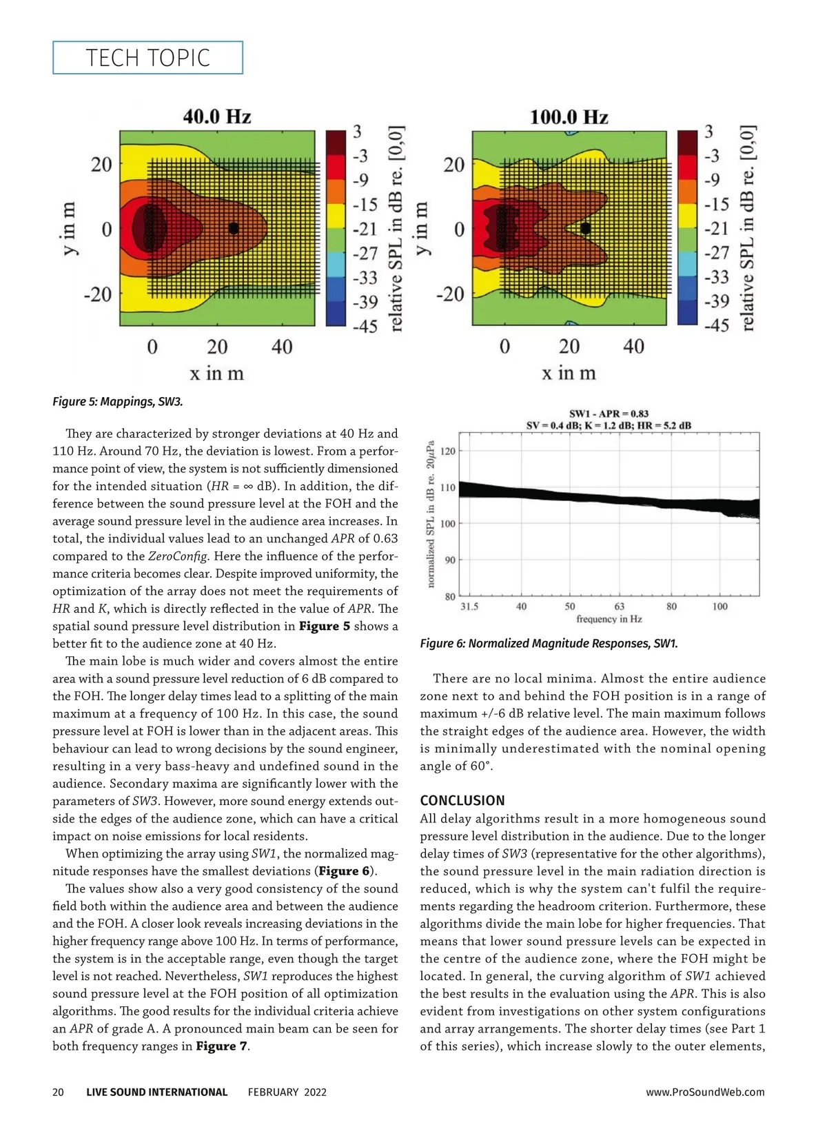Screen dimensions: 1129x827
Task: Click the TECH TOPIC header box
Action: pos(147,58)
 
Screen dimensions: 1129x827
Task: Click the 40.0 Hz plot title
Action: pos(216,116)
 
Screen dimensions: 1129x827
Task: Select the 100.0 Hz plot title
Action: pos(569,116)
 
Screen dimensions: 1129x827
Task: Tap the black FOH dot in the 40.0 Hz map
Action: pos(234,228)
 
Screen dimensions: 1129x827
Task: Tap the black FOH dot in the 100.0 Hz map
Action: pos(585,228)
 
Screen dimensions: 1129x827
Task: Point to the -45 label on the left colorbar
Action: pos(365,325)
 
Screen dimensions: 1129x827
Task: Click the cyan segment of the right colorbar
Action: pos(687,264)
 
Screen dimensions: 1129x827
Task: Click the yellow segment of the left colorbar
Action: pos(336,216)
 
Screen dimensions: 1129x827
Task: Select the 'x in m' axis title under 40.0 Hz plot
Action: pos(216,374)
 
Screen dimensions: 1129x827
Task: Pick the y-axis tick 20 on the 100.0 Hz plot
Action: pos(453,165)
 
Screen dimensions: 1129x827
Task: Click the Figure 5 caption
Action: pos(118,401)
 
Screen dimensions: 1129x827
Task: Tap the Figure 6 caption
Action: pos(549,644)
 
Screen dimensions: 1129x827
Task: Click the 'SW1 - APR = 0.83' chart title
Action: pos(609,414)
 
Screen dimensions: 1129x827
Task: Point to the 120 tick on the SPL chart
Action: pos(447,451)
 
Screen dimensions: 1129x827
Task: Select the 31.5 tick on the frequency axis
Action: pos(469,607)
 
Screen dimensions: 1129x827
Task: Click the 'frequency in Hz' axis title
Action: pos(609,619)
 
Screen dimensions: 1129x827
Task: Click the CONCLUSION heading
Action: pos(462,800)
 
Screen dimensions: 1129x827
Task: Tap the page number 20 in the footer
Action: pos(58,1092)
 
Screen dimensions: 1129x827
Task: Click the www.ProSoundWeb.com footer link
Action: pos(705,1092)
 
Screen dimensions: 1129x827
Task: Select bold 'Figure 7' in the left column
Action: pos(221,1046)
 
